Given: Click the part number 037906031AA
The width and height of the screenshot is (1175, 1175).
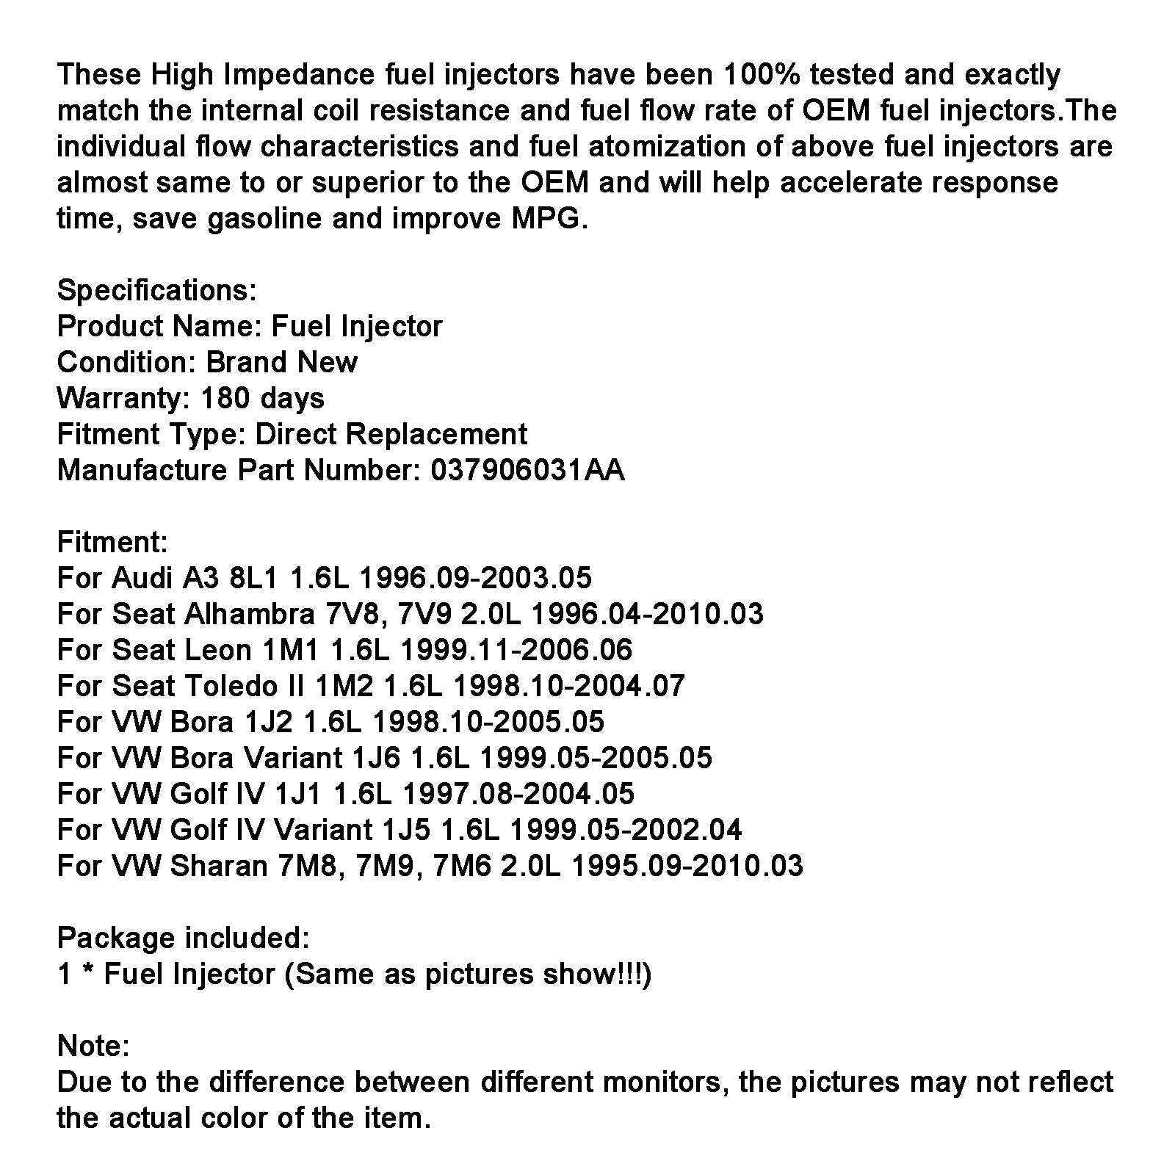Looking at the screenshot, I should tap(527, 470).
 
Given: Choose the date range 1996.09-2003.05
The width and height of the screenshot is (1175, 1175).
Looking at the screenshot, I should tap(474, 578).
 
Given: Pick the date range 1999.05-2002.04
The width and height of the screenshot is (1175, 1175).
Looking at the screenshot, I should tap(626, 830).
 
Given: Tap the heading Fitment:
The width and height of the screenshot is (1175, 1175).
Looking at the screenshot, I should tap(112, 542).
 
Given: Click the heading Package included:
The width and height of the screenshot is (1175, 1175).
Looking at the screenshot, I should tap(183, 938).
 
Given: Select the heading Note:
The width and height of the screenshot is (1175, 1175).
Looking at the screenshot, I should tap(93, 1046).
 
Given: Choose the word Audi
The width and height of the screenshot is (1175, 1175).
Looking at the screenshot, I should tap(143, 578).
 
